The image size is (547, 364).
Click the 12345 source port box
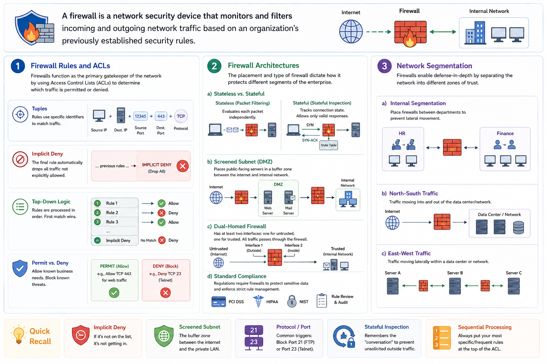click(140, 116)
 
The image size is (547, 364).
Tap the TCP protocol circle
click(181, 116)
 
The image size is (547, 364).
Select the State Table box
click(328, 145)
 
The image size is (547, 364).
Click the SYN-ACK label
click(310, 140)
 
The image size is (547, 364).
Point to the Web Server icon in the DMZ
click(268, 197)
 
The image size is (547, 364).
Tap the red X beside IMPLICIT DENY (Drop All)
click(182, 166)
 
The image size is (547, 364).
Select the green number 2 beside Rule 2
click(98, 213)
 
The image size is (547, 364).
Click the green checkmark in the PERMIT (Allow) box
click(114, 293)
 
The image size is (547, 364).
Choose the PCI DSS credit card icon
click(219, 301)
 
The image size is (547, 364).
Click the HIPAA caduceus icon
click(258, 301)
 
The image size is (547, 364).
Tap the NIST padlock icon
click(292, 301)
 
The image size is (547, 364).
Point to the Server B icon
click(455, 286)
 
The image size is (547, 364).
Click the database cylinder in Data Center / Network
click(519, 227)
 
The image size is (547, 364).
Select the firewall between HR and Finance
click(452, 147)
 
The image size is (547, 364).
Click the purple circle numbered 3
click(385, 66)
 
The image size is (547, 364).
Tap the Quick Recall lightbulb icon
click(19, 334)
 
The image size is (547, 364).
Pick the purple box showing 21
click(254, 330)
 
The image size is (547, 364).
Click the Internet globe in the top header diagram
click(351, 32)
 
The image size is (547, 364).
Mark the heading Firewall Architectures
click(263, 65)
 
